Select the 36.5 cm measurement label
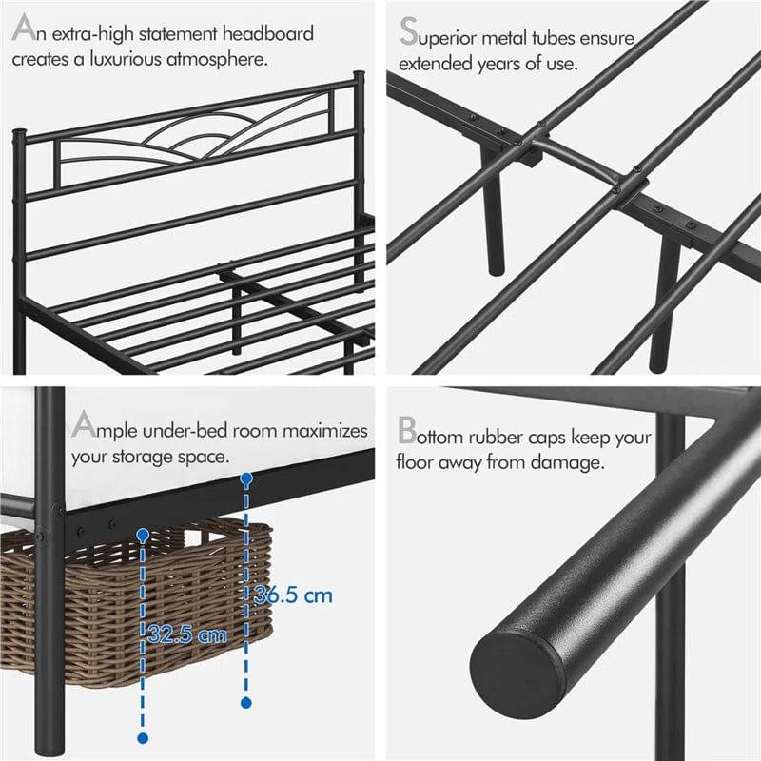tap(293, 596)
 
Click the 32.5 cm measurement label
tap(187, 634)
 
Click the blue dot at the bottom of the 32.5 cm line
tap(143, 737)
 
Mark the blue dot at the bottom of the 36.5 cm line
tap(246, 702)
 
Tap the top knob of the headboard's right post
tap(359, 74)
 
